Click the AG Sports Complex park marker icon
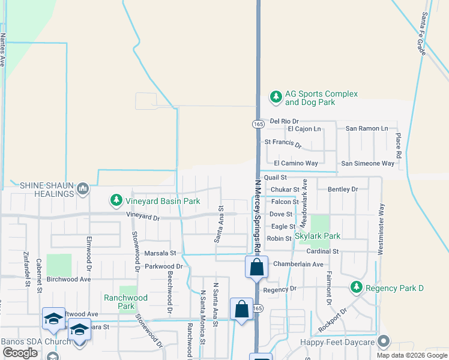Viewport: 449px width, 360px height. pyautogui.click(x=276, y=96)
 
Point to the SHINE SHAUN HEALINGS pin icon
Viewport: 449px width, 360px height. pyautogui.click(x=82, y=190)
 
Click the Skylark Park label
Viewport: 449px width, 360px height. pyautogui.click(x=317, y=236)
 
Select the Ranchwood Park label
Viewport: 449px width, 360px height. pyautogui.click(x=125, y=302)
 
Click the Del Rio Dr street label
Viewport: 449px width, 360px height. pyautogui.click(x=285, y=121)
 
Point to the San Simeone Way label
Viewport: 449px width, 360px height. pyautogui.click(x=367, y=163)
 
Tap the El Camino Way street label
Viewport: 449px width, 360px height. pyautogui.click(x=296, y=163)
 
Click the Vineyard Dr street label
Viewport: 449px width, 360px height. pyautogui.click(x=143, y=217)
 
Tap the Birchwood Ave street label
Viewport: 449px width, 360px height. pyautogui.click(x=68, y=279)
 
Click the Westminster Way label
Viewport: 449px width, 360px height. pyautogui.click(x=380, y=229)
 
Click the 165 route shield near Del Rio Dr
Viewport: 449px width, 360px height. pyautogui.click(x=258, y=124)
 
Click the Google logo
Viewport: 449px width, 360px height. pyautogui.click(x=20, y=353)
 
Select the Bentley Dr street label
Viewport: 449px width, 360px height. pyautogui.click(x=343, y=190)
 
